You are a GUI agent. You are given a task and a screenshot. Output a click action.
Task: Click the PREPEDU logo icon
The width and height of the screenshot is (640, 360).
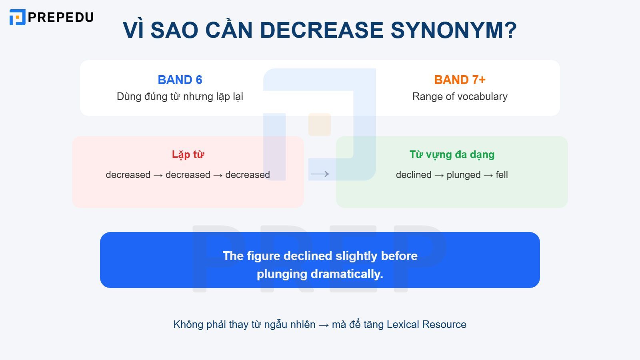[17, 17]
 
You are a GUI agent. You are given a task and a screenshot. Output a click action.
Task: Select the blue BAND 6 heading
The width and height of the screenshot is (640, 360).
[180, 80]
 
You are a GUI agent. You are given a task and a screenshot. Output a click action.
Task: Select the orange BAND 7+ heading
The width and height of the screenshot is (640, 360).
[460, 80]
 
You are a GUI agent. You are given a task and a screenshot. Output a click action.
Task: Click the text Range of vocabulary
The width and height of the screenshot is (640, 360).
[460, 96]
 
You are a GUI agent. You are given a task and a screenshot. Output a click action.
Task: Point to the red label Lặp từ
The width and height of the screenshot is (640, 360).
[188, 154]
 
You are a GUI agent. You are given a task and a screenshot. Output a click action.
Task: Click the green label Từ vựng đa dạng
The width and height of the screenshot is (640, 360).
[452, 154]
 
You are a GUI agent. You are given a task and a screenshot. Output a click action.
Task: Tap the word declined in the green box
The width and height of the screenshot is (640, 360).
[414, 175]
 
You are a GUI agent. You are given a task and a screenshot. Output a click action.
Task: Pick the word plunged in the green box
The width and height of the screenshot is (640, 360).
[463, 175]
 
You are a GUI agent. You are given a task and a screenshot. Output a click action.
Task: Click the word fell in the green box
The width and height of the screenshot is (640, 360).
[502, 175]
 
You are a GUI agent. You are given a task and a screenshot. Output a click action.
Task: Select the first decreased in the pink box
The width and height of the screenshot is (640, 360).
[128, 175]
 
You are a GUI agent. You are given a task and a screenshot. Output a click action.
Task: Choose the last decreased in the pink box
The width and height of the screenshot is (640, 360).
[247, 175]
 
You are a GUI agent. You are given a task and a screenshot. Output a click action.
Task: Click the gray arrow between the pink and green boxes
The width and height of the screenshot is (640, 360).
[320, 174]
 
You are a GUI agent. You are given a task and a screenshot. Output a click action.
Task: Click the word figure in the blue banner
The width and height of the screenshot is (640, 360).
[264, 256]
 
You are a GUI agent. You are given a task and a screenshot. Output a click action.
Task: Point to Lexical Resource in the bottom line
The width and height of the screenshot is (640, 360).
[426, 324]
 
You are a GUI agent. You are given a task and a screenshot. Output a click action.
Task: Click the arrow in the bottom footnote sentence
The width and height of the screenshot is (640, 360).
[324, 325]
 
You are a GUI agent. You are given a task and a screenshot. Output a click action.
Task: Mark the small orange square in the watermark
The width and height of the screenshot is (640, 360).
[319, 124]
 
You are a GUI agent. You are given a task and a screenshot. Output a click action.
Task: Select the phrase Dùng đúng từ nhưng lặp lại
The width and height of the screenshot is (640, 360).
[180, 96]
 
